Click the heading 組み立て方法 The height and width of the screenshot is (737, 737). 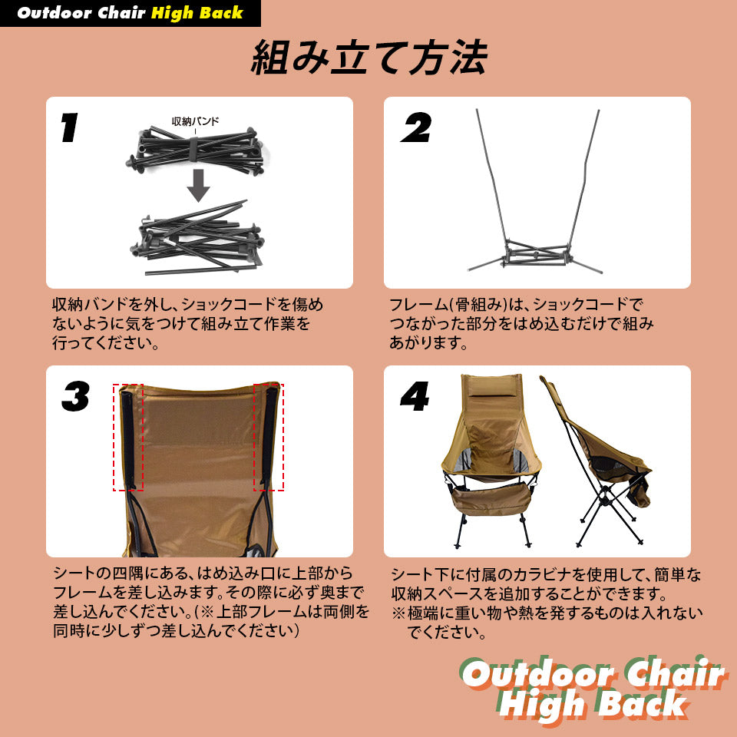369,58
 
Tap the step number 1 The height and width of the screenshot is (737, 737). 69,127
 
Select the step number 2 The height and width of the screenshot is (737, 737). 416,127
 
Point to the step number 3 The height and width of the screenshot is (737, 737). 75,396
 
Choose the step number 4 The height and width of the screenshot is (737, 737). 415,396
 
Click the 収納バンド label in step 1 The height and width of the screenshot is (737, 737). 195,121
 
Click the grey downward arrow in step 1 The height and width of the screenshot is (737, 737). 198,185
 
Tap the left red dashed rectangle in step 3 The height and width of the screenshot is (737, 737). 128,437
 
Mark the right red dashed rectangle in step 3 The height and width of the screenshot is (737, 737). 269,437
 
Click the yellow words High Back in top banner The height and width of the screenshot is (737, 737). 197,13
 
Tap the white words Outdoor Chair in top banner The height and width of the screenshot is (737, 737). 81,13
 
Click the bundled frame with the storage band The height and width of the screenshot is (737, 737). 195,150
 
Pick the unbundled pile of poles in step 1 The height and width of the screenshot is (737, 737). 197,237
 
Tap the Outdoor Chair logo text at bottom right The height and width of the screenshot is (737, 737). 593,673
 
